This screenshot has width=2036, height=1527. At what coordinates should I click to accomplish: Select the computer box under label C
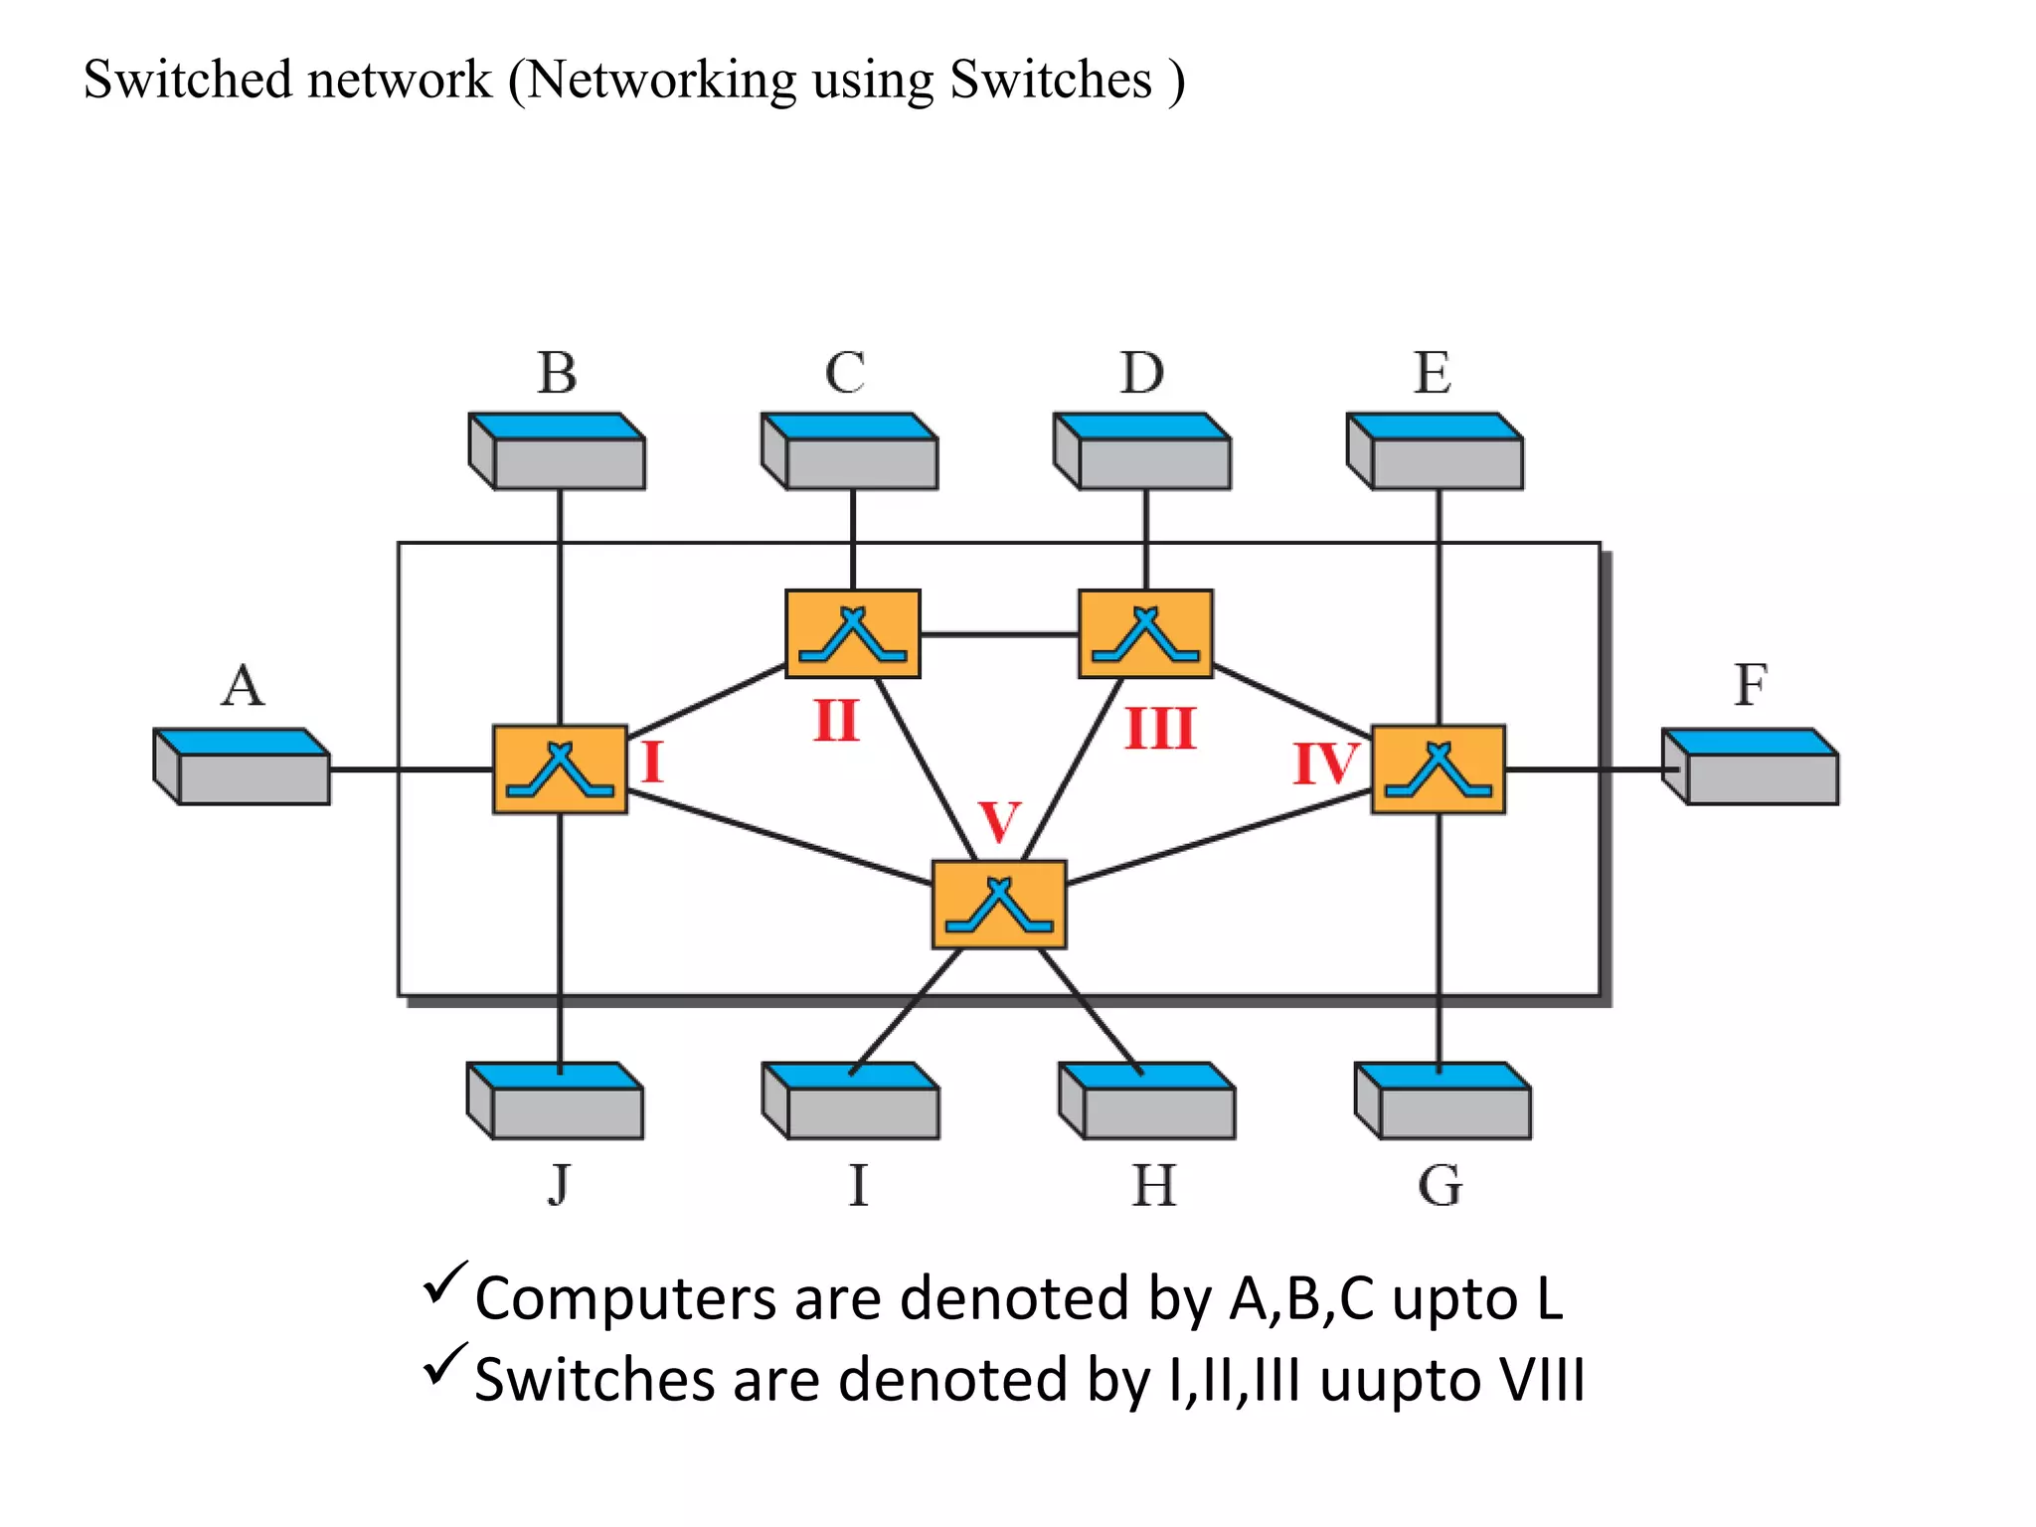point(851,452)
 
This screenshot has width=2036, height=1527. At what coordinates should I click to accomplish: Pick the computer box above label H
point(1148,1102)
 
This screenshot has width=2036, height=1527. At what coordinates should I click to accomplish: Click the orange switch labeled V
point(999,905)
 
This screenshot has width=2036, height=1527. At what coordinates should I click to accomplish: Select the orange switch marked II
point(853,634)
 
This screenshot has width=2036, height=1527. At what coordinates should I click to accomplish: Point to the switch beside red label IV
point(1439,769)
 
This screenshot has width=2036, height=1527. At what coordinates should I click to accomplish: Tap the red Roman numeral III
point(1160,729)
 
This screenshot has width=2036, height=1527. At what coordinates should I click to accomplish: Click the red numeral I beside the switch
point(652,763)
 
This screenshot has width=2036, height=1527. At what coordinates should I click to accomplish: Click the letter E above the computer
point(1433,374)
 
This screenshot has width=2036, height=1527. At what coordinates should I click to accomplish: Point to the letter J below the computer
point(560,1184)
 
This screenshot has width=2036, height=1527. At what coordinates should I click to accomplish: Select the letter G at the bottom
point(1440,1186)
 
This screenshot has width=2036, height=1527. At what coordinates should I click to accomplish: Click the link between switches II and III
point(999,634)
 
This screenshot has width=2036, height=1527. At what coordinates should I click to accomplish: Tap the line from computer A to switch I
point(412,769)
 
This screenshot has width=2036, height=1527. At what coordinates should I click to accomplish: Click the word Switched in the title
point(188,80)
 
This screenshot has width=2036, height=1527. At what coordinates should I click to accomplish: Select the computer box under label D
point(1143,452)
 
